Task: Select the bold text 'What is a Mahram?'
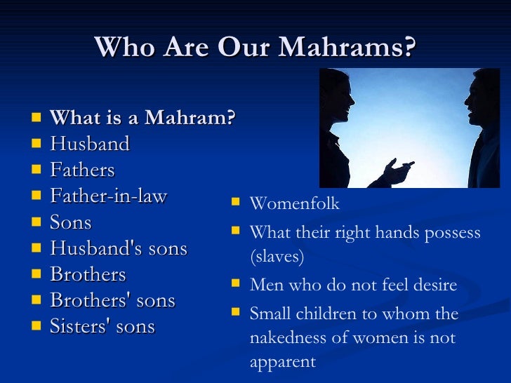pyautogui.click(x=142, y=118)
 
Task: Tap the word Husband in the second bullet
pyautogui.click(x=90, y=144)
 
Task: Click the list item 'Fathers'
pyautogui.click(x=82, y=170)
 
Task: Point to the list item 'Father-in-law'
pyautogui.click(x=109, y=196)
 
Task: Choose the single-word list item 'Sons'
pyautogui.click(x=71, y=222)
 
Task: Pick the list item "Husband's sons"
pyautogui.click(x=119, y=248)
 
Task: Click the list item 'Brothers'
pyautogui.click(x=88, y=274)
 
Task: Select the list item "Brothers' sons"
pyautogui.click(x=112, y=300)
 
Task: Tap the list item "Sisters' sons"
pyautogui.click(x=102, y=326)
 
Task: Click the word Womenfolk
pyautogui.click(x=294, y=204)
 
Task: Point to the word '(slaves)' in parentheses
pyautogui.click(x=277, y=257)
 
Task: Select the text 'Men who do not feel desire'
pyautogui.click(x=353, y=285)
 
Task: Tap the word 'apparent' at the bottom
pyautogui.click(x=283, y=362)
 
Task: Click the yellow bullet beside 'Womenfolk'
pyautogui.click(x=235, y=203)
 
